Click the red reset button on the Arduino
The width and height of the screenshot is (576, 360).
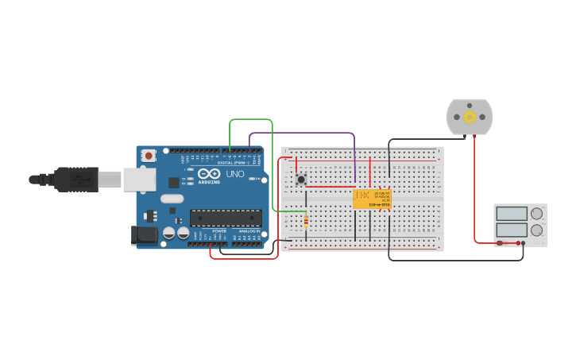coord(149,157)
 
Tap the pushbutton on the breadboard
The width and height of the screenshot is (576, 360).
coord(301,180)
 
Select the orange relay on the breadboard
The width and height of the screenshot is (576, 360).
coord(372,199)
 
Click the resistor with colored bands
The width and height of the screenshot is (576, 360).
coord(306,221)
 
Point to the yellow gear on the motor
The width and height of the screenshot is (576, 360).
coord(470,118)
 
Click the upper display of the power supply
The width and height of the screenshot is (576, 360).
coord(512,214)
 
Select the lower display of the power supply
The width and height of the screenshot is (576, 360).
coord(512,230)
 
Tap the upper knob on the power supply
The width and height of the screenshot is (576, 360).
coord(537,214)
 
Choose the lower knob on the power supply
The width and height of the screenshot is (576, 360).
coord(537,230)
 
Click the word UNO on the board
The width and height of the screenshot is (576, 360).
coord(236,174)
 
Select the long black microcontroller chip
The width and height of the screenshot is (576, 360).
coord(226,217)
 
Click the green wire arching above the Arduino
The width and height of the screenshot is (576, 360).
coord(251,120)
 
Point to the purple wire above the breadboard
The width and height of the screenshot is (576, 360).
coord(302,134)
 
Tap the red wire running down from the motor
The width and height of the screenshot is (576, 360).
coord(475,191)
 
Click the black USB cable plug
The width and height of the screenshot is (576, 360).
coord(75,180)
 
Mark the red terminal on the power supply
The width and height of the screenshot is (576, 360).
coord(518,243)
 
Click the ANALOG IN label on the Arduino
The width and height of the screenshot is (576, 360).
coord(249,231)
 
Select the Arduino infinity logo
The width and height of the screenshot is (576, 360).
coord(210,174)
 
